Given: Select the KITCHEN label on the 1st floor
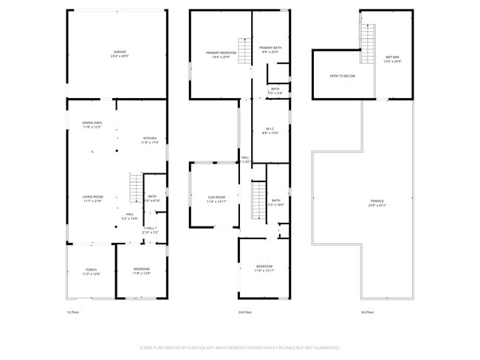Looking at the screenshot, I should (x=150, y=140).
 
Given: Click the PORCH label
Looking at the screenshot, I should (x=92, y=271).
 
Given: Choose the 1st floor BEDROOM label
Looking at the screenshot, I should (x=141, y=270).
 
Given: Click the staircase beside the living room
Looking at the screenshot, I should (x=135, y=187).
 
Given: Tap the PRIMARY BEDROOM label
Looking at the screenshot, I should (x=221, y=55).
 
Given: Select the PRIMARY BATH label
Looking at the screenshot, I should (x=270, y=49).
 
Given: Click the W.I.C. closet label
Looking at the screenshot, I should (x=270, y=131).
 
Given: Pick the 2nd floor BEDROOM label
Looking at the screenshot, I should (x=264, y=268).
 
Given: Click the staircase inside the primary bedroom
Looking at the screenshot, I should (x=244, y=51).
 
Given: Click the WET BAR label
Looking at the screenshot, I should (x=392, y=59).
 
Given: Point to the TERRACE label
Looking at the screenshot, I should (x=377, y=202).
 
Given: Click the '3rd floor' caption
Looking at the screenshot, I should (x=367, y=313).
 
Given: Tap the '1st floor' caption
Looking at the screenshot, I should (x=73, y=313).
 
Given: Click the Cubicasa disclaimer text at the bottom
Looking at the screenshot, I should (x=239, y=347).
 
